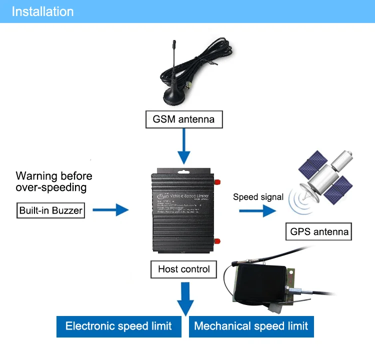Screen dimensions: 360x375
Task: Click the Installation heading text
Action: pos(42,11)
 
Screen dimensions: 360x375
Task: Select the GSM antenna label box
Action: pos(183,119)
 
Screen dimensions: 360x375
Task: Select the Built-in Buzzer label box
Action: pos(51,210)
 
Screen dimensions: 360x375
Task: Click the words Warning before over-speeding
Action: pos(54,181)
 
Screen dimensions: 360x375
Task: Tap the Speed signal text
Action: pos(258,197)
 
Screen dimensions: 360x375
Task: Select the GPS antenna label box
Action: pos(319,232)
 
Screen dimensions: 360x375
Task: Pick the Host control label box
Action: pos(184,269)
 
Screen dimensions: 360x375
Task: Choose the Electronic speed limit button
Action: pos(118,326)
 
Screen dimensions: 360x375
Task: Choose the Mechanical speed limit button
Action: pos(251,326)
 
